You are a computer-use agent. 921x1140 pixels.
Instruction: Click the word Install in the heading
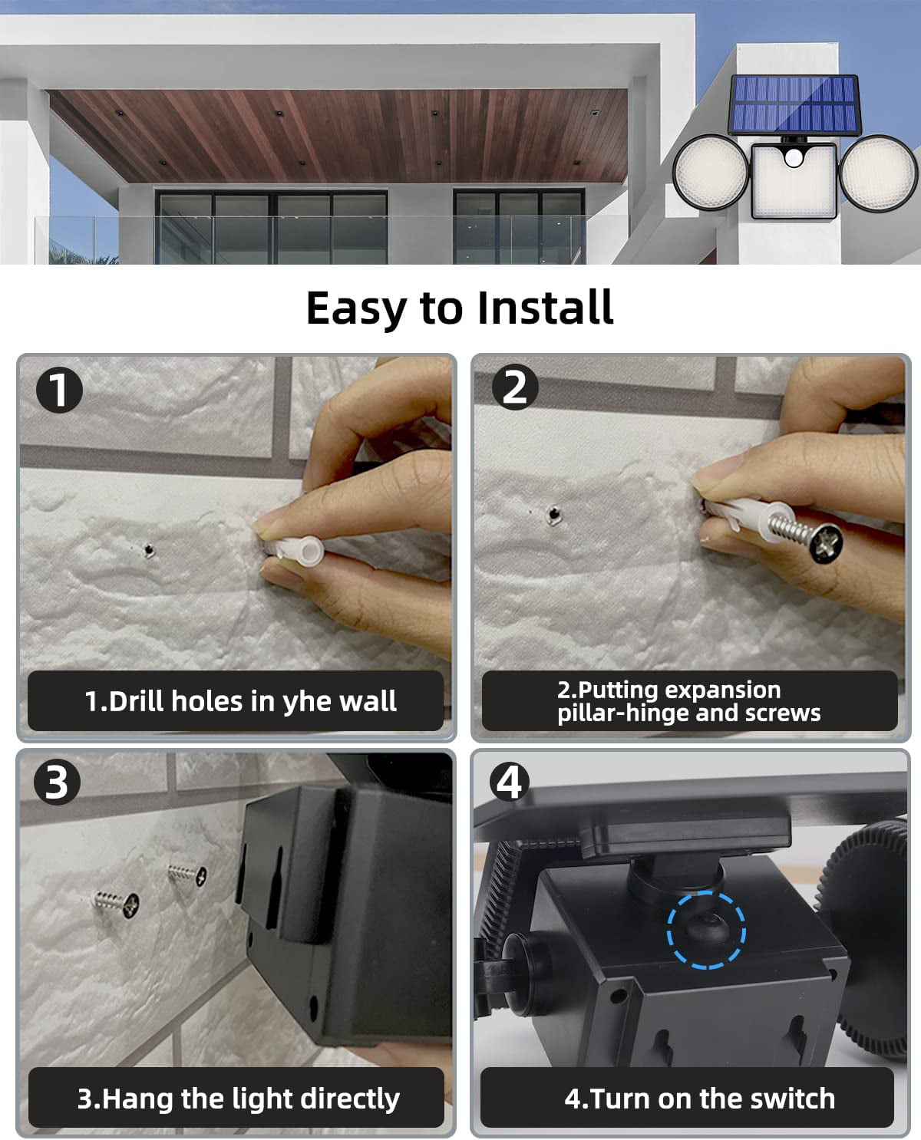(544, 308)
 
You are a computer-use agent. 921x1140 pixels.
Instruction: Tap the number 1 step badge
(59, 390)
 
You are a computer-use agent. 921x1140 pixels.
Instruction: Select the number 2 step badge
(514, 387)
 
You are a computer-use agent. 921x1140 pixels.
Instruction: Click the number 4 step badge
(510, 783)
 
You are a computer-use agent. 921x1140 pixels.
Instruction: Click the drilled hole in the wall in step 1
(148, 548)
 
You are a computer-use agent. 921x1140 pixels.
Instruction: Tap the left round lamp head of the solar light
(710, 173)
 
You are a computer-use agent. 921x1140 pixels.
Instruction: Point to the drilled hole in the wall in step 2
(553, 515)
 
